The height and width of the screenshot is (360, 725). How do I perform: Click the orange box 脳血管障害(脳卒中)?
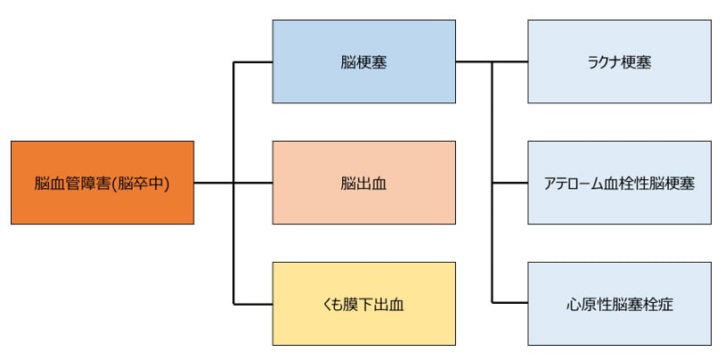tap(102, 182)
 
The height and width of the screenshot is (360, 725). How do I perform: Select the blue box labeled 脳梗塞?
tap(363, 61)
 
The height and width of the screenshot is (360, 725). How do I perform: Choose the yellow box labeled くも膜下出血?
tap(363, 303)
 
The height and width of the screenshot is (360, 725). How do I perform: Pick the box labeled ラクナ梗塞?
tap(619, 61)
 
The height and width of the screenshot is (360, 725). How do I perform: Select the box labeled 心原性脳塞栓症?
tap(619, 303)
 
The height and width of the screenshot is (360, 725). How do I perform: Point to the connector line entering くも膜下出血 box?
tap(253, 303)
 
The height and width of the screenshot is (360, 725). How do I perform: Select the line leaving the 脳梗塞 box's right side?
tap(472, 61)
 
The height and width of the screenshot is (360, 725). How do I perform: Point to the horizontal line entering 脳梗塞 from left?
tap(253, 61)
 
